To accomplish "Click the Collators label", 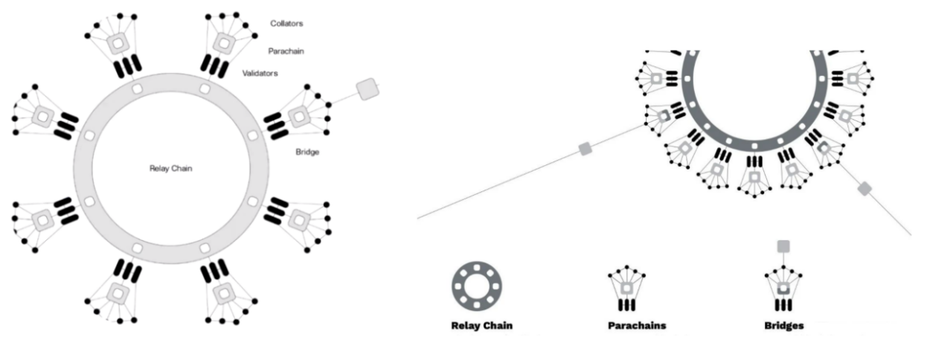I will point(286,24).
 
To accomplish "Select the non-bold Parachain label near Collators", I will point(285,51).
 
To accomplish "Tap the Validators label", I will point(261,73).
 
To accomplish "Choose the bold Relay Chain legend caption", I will point(481,325).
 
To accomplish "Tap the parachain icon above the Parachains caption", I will point(626,284).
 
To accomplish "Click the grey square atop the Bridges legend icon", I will point(783,245).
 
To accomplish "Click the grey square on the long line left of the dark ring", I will point(586,150).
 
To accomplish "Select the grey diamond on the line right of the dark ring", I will point(865,189).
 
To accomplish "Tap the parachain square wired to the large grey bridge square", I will point(300,115).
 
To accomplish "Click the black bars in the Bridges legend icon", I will point(783,306).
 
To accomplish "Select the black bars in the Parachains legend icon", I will point(626,306).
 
